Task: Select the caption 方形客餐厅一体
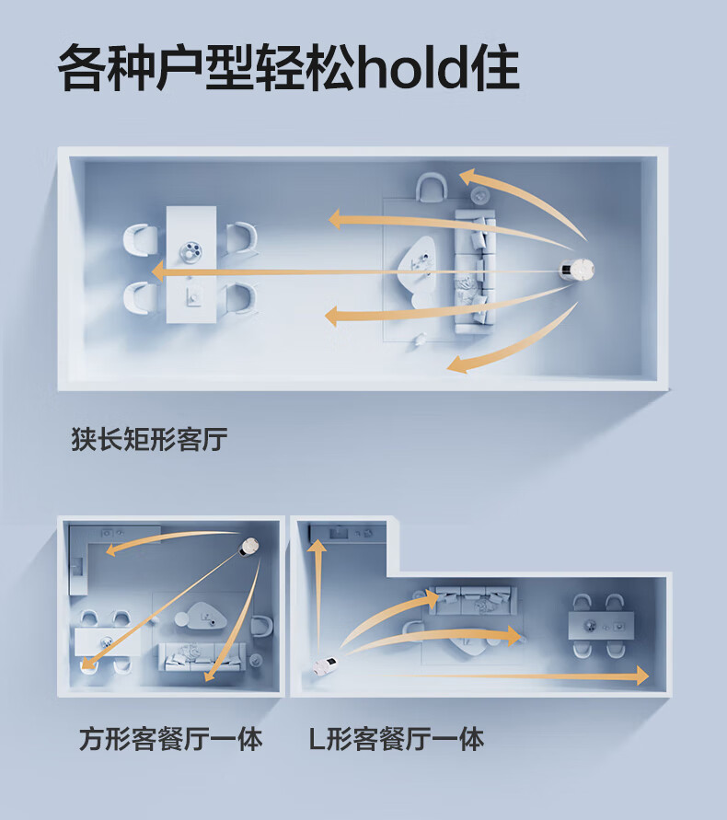point(170,738)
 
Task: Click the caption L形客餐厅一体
point(396,738)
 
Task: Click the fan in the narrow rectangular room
point(580,271)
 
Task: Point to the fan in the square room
point(248,549)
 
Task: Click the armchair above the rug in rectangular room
point(431,190)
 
